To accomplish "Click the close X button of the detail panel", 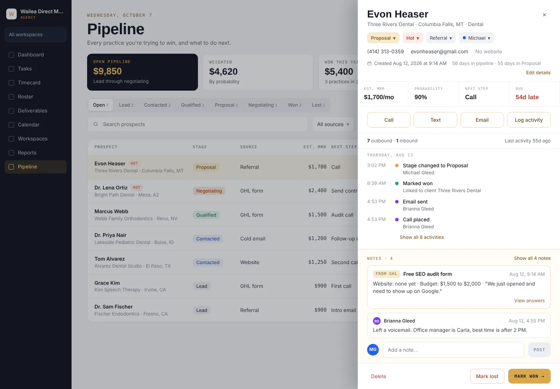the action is [544, 15].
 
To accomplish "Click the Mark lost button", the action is [487, 376].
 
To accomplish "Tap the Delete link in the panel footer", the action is [378, 376].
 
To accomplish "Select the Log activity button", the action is [528, 120].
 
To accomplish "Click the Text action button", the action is [435, 120].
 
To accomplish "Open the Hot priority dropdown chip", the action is [413, 38].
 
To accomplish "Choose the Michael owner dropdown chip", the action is [476, 38].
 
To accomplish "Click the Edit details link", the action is [538, 72].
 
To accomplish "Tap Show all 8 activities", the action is [422, 237].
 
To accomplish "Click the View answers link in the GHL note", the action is [529, 300].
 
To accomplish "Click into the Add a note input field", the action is [453, 350].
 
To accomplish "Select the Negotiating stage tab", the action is [263, 105].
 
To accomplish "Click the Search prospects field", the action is [197, 124].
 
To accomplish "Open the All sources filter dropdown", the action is [333, 124].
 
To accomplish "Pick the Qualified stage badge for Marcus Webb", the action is [206, 215].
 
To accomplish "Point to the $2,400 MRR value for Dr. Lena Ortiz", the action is [317, 191].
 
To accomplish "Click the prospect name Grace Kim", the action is [107, 283].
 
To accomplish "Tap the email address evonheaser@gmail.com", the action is [439, 51].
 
